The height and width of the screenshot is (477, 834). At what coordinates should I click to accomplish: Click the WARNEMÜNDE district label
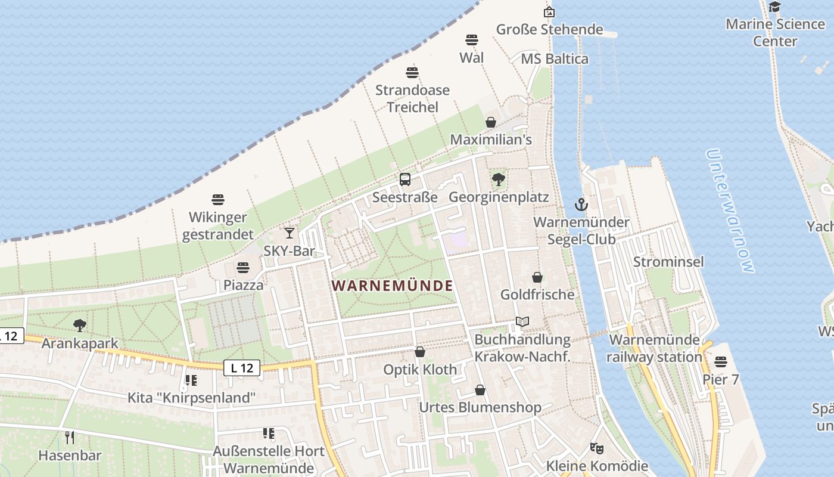(x=393, y=286)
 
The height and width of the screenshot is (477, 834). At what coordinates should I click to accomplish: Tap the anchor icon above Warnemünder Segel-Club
(x=581, y=205)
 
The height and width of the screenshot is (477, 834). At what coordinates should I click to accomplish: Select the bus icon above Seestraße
(x=405, y=179)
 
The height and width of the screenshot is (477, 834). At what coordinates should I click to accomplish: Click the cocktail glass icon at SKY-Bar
(x=290, y=233)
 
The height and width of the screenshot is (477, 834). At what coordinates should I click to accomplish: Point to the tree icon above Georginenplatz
(x=498, y=179)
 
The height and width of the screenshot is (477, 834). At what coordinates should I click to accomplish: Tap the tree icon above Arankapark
(x=80, y=326)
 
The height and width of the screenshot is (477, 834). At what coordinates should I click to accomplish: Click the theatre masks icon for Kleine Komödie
(x=596, y=448)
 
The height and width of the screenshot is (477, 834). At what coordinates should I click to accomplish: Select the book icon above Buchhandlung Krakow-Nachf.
(x=522, y=322)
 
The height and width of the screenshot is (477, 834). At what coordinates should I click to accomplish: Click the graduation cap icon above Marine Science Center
(x=774, y=7)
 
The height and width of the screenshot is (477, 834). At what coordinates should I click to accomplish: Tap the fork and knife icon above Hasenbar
(x=70, y=438)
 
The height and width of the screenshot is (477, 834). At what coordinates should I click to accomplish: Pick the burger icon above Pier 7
(x=721, y=362)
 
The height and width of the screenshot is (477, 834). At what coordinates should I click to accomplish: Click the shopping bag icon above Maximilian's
(x=491, y=122)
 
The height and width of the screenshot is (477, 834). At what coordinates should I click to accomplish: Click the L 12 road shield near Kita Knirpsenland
(x=242, y=368)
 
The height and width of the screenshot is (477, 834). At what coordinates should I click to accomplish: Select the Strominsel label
(x=668, y=262)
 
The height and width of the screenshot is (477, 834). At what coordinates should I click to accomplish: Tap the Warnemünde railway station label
(x=654, y=348)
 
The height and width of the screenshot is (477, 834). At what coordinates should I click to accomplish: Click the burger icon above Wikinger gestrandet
(x=218, y=199)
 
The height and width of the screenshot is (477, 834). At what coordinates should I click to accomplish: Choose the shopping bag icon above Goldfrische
(x=537, y=277)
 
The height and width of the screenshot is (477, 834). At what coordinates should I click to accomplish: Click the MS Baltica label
(x=555, y=59)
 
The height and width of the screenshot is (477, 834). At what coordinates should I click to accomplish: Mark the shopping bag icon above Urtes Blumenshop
(x=480, y=390)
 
